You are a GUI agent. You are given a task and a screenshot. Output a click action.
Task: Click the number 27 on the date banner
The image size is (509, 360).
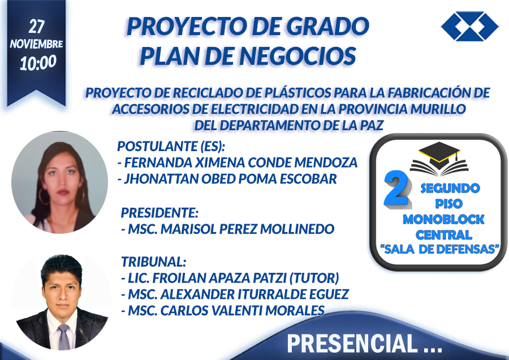(36, 26)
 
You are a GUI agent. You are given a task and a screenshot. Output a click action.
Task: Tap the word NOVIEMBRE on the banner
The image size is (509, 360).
(36, 44)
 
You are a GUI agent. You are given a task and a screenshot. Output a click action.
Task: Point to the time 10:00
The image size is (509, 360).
(38, 62)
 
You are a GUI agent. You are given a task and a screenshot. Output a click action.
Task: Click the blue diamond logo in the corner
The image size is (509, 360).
(470, 26)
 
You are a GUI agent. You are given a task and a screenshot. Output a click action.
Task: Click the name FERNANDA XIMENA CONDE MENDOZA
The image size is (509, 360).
(241, 162)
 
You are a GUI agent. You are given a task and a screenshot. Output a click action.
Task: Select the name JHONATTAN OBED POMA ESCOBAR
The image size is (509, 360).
(231, 179)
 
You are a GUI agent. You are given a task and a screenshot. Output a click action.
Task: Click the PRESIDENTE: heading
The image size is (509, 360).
(159, 213)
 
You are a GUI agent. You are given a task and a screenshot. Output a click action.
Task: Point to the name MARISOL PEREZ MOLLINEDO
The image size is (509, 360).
(247, 229)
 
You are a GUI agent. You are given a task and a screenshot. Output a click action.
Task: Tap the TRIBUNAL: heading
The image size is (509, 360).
(153, 262)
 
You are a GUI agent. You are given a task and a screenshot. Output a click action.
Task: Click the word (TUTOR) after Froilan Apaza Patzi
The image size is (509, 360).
(314, 278)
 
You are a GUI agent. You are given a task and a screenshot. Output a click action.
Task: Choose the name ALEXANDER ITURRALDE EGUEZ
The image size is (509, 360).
(255, 294)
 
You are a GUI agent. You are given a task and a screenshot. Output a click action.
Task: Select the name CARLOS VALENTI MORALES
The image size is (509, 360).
(243, 311)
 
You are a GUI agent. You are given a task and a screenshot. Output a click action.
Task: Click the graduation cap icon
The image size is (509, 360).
(439, 158)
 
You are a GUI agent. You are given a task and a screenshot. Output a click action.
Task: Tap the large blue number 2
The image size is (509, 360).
(396, 190)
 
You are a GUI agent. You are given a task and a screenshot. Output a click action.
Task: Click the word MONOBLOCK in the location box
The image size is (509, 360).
(443, 220)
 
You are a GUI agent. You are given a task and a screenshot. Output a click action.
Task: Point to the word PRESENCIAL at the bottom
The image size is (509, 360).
(352, 344)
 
